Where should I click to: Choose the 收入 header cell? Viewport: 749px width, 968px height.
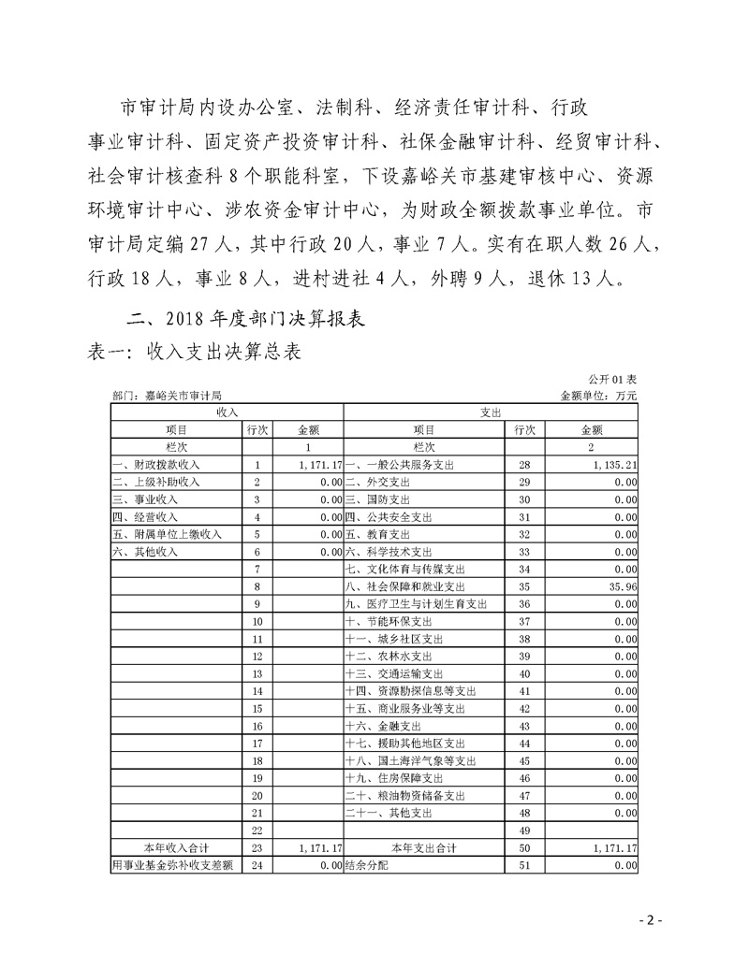click(227, 412)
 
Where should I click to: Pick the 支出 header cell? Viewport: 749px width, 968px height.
click(491, 412)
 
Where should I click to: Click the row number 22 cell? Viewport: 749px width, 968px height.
click(257, 831)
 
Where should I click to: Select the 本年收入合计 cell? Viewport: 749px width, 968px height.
click(175, 848)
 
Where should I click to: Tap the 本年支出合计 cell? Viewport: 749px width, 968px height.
click(423, 848)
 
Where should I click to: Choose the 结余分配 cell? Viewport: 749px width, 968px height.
click(366, 866)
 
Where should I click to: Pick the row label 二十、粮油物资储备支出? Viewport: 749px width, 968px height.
click(405, 796)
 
